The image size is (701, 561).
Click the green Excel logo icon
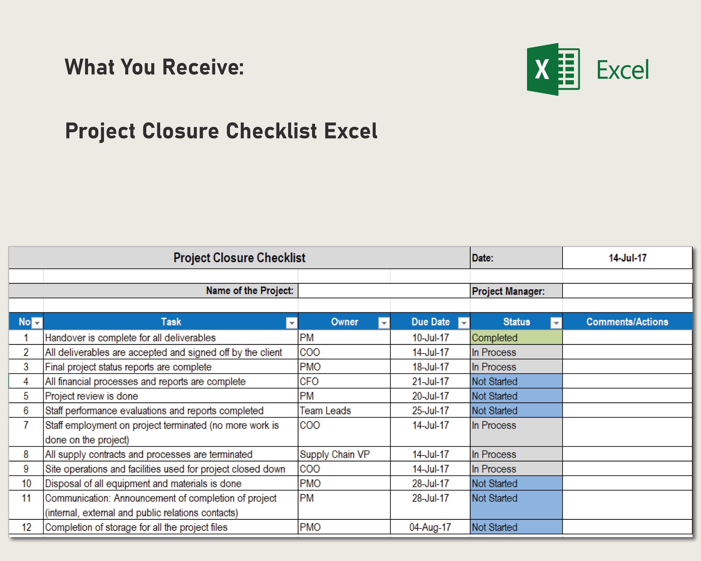click(x=553, y=69)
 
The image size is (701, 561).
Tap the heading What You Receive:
click(x=154, y=67)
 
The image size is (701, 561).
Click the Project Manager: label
click(x=508, y=291)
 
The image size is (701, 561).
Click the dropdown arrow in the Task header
click(x=291, y=323)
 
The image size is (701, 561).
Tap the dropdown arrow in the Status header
click(x=556, y=323)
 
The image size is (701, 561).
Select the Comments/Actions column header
click(x=627, y=322)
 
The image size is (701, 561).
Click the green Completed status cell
click(x=516, y=338)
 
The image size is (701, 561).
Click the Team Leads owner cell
click(x=325, y=410)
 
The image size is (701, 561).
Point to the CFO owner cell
click(x=309, y=381)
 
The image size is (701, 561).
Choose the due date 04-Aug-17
click(x=430, y=527)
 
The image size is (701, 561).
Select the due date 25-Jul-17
click(x=430, y=410)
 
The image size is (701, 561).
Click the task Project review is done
click(x=91, y=396)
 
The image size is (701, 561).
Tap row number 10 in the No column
click(x=26, y=483)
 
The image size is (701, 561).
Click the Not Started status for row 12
click(x=516, y=527)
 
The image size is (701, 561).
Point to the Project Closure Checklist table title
click(x=239, y=258)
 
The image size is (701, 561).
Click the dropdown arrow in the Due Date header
click(x=463, y=323)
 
